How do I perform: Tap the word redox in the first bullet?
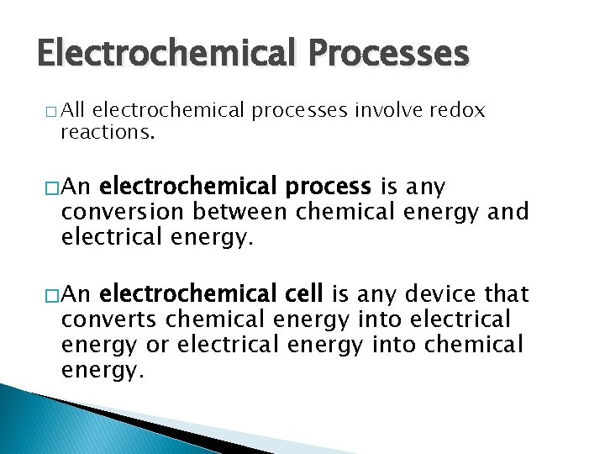(x=457, y=110)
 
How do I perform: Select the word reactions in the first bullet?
(x=108, y=133)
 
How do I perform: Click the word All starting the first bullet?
(x=76, y=110)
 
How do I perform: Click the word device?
(x=444, y=294)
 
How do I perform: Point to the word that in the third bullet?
(x=508, y=294)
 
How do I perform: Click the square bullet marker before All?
(x=54, y=112)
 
